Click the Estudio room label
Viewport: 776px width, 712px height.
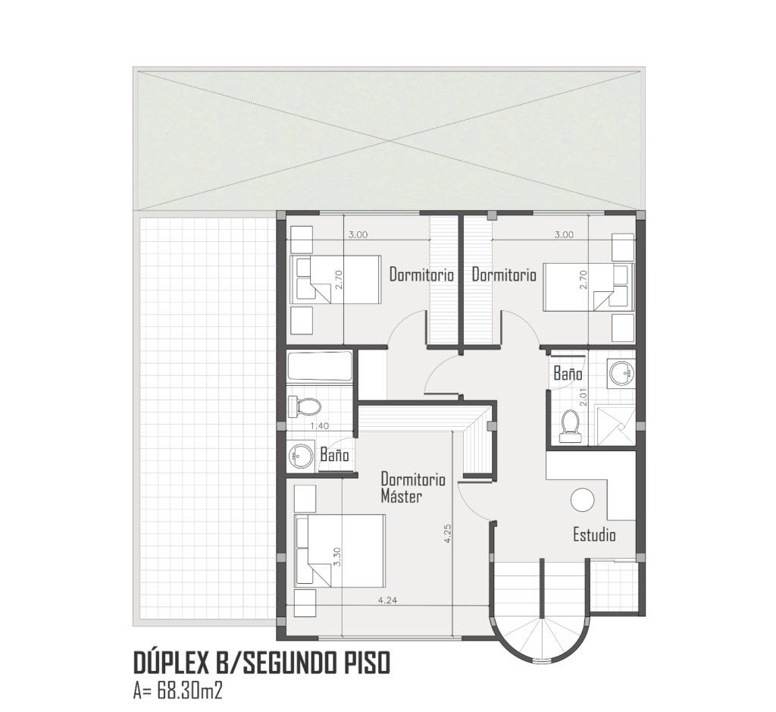click(594, 535)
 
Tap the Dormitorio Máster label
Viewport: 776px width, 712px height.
click(413, 488)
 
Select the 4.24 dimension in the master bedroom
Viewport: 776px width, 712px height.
click(387, 600)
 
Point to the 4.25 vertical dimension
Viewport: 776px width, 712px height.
click(448, 533)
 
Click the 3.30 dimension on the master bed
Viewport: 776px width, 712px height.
click(337, 557)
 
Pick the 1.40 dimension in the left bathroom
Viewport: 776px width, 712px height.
click(319, 426)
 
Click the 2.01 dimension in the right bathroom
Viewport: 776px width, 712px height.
click(583, 397)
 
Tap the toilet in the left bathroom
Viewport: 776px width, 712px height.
click(305, 406)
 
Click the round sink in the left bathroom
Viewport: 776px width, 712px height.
click(301, 455)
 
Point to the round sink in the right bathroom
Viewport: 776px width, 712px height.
click(621, 372)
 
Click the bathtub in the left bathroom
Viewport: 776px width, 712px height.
click(320, 366)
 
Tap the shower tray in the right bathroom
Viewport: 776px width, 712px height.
click(615, 425)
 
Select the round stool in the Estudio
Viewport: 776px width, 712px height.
click(582, 500)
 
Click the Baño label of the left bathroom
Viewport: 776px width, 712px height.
click(334, 454)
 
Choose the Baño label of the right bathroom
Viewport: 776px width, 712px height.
click(568, 373)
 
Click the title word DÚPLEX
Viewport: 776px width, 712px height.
click(171, 663)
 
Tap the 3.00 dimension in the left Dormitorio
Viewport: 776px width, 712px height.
click(358, 235)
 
